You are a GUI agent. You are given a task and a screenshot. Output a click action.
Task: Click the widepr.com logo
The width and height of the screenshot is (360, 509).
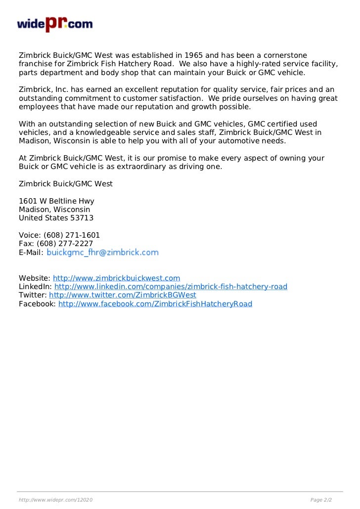click(54, 24)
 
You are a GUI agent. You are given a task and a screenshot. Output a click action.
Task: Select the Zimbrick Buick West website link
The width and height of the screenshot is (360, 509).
click(116, 278)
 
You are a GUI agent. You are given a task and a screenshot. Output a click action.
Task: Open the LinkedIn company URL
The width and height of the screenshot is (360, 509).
click(171, 287)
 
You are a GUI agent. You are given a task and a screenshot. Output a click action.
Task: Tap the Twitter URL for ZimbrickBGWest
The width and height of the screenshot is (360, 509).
click(123, 295)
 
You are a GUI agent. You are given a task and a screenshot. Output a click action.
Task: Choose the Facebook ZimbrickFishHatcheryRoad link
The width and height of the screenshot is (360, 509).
click(155, 304)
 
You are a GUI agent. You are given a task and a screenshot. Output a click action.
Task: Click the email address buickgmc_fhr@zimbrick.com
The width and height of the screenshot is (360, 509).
click(103, 253)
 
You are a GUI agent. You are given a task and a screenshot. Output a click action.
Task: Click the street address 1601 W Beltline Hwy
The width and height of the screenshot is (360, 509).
click(56, 201)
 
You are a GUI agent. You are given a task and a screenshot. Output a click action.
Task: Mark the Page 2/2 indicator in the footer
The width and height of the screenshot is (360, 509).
click(320, 501)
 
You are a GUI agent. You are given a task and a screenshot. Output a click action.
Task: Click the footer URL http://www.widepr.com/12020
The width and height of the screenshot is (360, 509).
click(55, 501)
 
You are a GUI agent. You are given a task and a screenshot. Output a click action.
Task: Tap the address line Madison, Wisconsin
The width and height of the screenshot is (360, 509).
click(54, 210)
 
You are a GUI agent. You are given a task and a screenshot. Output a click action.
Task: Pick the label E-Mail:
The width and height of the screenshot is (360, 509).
click(31, 253)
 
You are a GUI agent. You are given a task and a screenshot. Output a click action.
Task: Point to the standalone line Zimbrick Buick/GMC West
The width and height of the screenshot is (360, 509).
click(66, 184)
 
